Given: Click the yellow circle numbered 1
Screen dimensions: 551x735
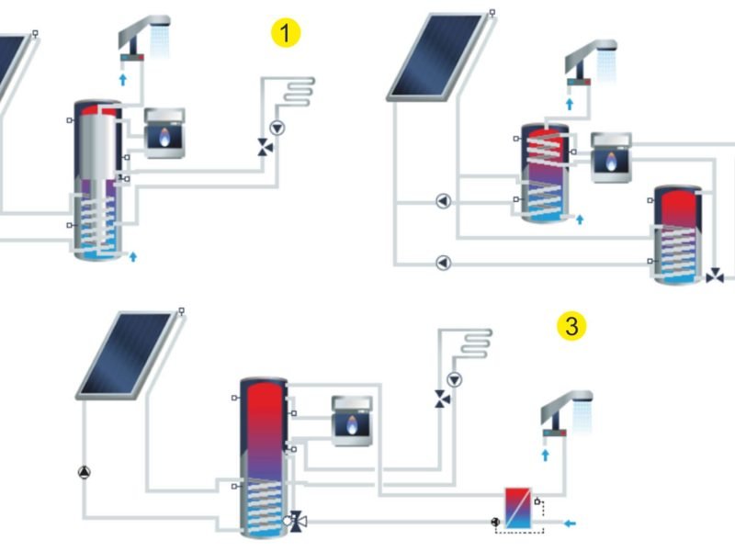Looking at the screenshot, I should pos(286,34).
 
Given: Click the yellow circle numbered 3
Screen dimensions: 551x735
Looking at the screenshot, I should pos(571,326).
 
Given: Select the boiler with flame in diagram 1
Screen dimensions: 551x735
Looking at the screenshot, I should pos(164,134).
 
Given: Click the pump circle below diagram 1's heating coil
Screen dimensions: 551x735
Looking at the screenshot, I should pos(277,128).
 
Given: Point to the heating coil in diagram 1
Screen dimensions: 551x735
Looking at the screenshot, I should pos(297,93).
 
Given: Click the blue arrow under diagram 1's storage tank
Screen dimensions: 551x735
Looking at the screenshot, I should pos(133,255).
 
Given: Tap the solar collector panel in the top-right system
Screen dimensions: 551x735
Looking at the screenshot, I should pos(435,55).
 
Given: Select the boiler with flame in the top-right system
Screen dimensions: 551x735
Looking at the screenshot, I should pos(610,158).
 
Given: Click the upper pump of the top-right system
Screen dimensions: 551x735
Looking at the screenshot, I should pos(443,200).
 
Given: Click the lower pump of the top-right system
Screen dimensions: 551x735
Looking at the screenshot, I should pos(443,264).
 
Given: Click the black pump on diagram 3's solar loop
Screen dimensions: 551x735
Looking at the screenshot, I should pos(84,473).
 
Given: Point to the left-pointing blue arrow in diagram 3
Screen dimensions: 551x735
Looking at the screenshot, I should pos(571,523).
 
